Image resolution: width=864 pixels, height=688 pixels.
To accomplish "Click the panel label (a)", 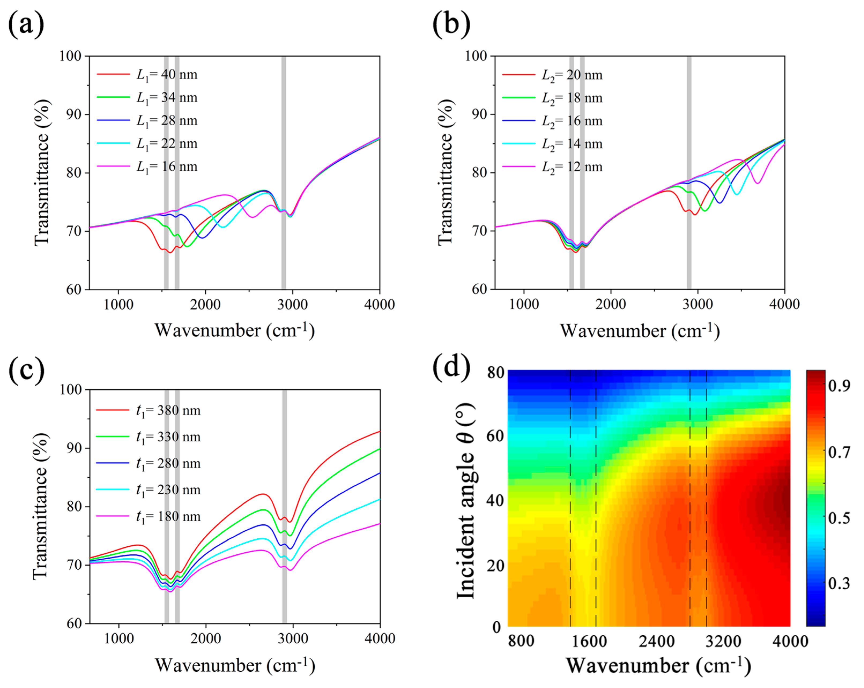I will [26, 25].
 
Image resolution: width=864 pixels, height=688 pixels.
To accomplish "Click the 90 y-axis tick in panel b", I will [477, 115].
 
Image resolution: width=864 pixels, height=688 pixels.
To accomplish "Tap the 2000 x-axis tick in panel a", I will [205, 304].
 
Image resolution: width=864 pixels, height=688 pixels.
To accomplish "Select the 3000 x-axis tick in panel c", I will [293, 638].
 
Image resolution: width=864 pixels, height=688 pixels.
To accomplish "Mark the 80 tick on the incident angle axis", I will [496, 373].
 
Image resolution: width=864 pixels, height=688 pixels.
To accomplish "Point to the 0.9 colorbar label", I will [839, 386].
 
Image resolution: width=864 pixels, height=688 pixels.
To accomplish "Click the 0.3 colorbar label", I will [839, 584].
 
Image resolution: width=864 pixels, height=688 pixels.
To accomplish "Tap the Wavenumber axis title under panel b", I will [640, 331].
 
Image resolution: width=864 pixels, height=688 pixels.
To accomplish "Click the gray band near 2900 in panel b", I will [689, 172].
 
